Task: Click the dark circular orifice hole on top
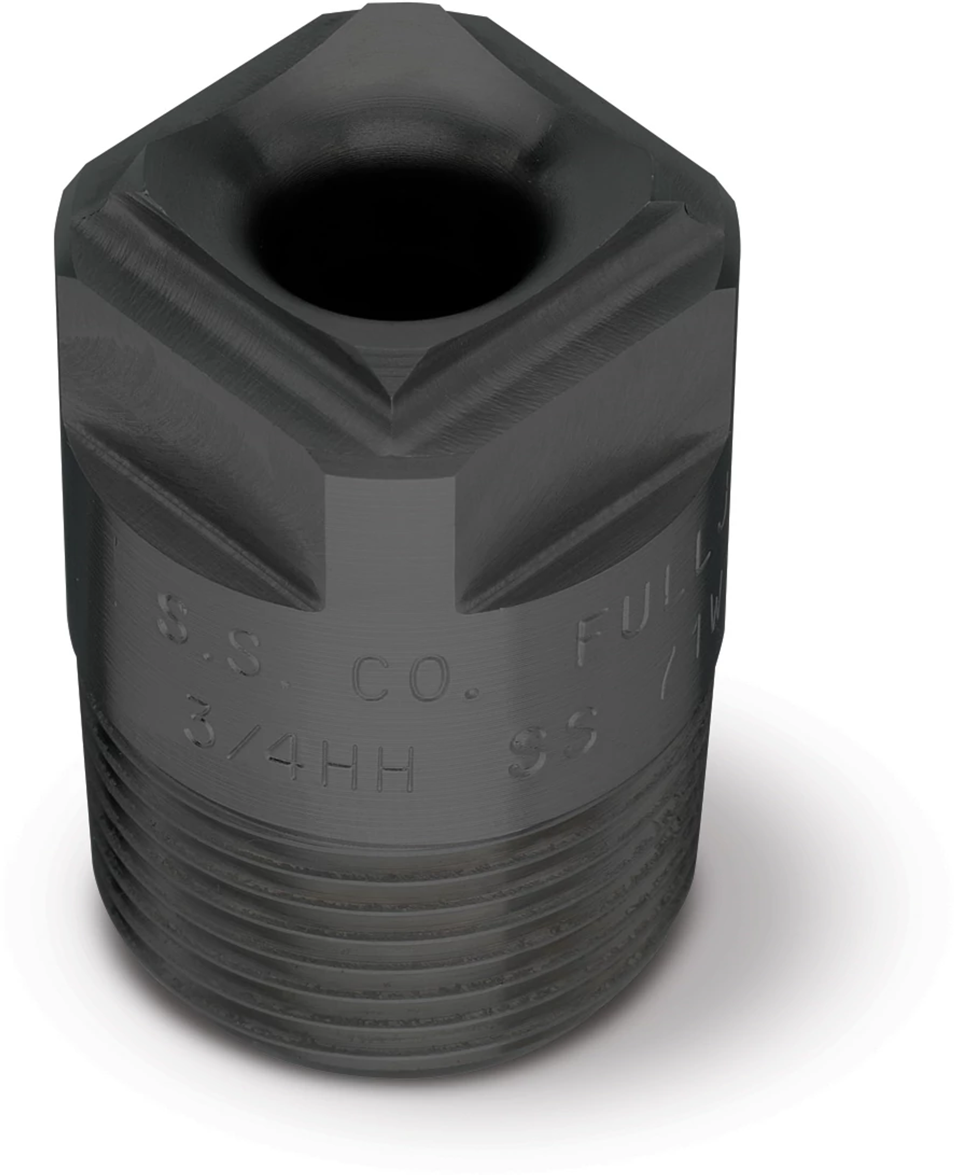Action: click(x=393, y=242)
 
